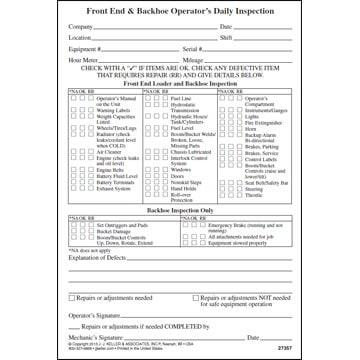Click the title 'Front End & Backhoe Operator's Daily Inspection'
179,9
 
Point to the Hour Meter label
83,60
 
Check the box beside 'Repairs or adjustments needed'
71,297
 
